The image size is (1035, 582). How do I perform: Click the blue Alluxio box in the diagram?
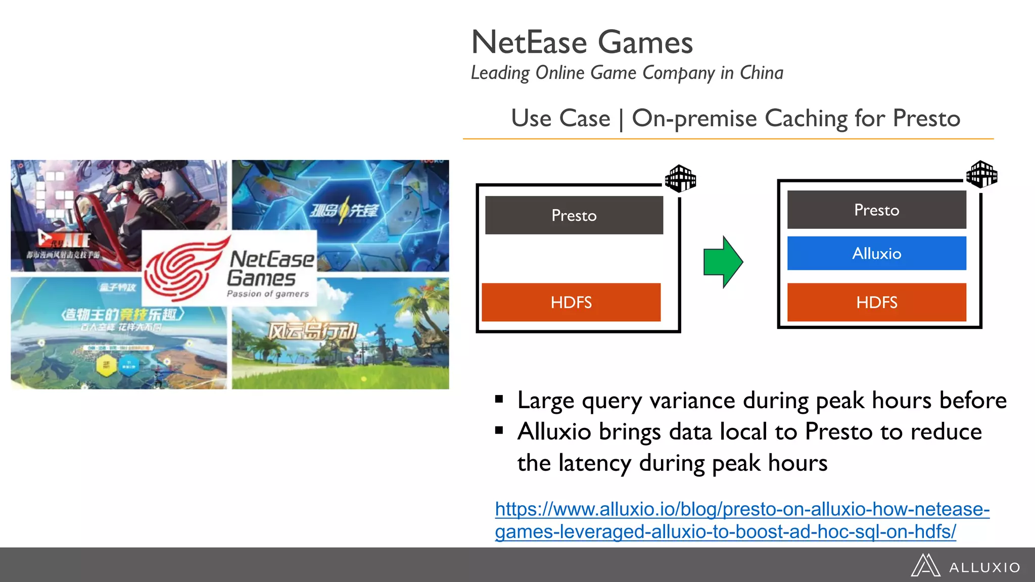876,253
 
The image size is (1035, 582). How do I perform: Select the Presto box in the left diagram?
574,215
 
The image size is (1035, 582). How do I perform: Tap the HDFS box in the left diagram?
571,302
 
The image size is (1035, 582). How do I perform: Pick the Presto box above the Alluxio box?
876,210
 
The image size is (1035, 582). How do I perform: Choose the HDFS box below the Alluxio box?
876,302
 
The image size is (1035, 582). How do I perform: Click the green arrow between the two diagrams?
723,262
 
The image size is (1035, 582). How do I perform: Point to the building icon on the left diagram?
680,178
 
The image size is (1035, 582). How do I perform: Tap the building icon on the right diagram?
981,174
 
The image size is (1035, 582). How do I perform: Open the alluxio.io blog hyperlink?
742,520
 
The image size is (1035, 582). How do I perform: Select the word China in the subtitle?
762,73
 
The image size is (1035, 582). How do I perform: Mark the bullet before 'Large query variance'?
499,400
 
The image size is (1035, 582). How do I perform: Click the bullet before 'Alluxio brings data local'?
499,431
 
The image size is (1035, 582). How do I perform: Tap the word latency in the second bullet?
595,463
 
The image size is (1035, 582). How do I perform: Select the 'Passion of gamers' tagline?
267,294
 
